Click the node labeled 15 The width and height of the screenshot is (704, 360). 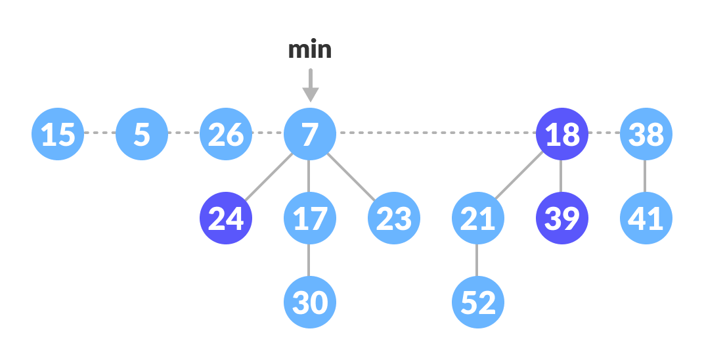58,134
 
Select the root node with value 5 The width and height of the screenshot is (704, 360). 142,134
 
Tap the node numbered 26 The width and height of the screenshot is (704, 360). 226,134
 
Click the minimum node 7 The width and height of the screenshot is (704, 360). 310,134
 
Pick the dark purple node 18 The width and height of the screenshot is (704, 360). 562,134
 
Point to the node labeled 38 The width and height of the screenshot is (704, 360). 646,134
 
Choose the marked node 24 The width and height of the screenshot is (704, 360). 226,218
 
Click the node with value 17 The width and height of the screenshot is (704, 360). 310,218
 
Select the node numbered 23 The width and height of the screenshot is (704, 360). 394,218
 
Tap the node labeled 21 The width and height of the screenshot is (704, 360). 478,218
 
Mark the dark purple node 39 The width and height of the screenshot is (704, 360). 562,218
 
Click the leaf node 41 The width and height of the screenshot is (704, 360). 646,218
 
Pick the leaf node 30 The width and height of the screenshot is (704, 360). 310,302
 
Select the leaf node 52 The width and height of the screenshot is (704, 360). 478,302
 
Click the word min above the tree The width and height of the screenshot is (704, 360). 310,50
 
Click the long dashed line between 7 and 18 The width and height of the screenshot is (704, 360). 436,133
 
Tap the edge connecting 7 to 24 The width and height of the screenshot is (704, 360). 268,176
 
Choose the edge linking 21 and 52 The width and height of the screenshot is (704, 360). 477,260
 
